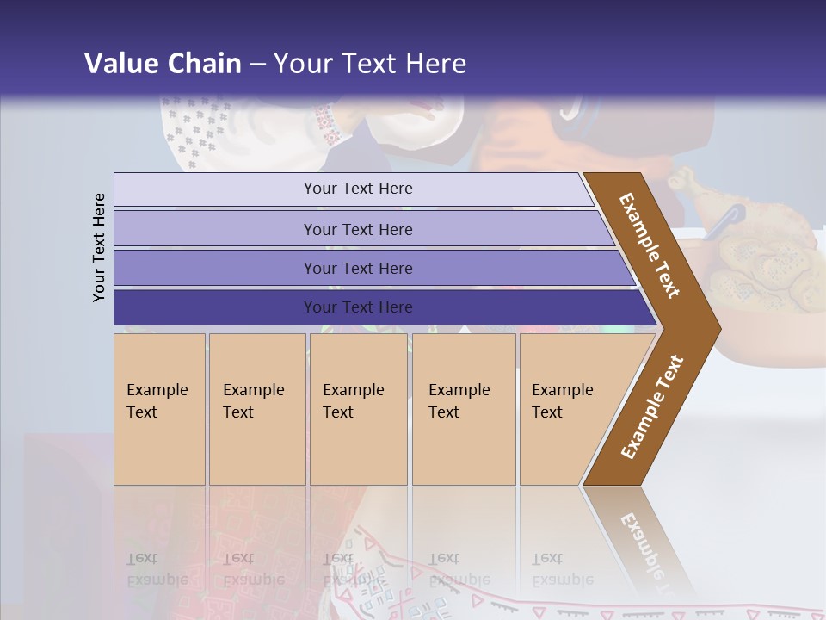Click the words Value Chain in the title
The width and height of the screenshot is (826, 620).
pyautogui.click(x=163, y=64)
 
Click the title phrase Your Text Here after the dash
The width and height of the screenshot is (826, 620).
pyautogui.click(x=370, y=64)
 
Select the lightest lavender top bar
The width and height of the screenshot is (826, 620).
pyautogui.click(x=357, y=189)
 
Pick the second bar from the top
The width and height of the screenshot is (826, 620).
pyautogui.click(x=357, y=229)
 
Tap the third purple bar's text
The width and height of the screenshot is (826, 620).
pyautogui.click(x=357, y=269)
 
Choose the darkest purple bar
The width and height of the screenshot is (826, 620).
pyautogui.click(x=357, y=307)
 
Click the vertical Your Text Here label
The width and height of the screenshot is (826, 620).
pyautogui.click(x=99, y=247)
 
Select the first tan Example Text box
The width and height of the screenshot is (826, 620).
pyautogui.click(x=159, y=408)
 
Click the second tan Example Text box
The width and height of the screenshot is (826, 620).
pyautogui.click(x=256, y=408)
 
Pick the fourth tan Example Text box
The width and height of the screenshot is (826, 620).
pyautogui.click(x=463, y=408)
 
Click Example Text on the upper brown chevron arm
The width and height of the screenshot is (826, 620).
pyautogui.click(x=650, y=245)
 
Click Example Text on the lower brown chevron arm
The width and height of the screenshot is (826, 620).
pyautogui.click(x=652, y=406)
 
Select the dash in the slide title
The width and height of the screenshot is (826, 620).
pyautogui.click(x=256, y=65)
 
